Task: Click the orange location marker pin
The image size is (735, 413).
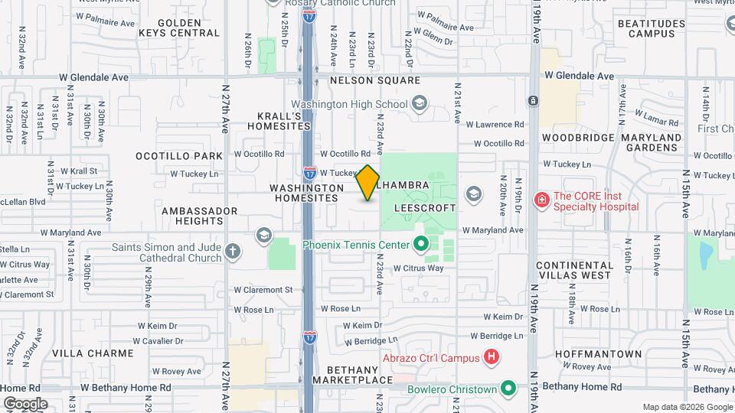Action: (x=367, y=183)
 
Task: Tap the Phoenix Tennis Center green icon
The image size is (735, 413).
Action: (x=420, y=245)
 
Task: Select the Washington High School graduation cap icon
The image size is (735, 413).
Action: (x=419, y=103)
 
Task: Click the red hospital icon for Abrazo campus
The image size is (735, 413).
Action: (x=492, y=357)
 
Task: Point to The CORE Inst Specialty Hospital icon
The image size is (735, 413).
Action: (x=542, y=200)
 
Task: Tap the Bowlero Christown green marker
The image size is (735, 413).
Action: (x=507, y=389)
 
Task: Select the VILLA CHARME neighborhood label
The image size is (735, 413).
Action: (x=84, y=353)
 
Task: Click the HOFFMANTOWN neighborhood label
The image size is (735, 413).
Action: (x=599, y=354)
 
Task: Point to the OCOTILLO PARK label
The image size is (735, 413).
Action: (x=179, y=156)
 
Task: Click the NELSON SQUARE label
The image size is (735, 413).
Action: (x=375, y=80)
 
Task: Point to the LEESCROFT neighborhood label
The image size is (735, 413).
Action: (x=425, y=208)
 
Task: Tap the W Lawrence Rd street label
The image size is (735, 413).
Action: (x=498, y=124)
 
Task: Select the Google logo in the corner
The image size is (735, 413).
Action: (x=25, y=403)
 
